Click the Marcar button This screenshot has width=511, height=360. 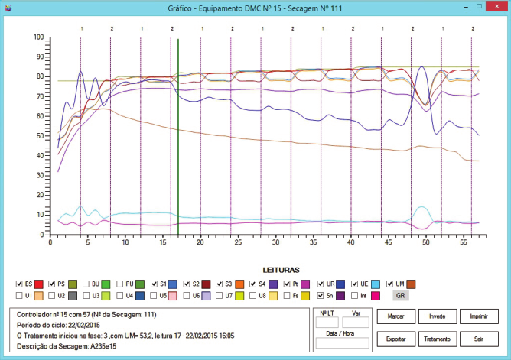click(396, 316)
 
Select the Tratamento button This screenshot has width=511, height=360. click(438, 339)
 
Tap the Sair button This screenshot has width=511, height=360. click(479, 339)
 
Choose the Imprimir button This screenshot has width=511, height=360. click(479, 316)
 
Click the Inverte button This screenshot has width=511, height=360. click(438, 316)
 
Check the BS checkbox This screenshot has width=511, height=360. click(19, 284)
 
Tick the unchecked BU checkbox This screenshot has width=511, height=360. click(86, 284)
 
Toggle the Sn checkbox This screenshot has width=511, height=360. click(321, 296)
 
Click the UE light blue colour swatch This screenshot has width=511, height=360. click(376, 284)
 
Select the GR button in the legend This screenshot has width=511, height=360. click(401, 296)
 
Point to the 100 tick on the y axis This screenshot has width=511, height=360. click(39, 37)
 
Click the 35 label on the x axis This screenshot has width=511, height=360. click(313, 242)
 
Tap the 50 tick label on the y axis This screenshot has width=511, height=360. click(40, 136)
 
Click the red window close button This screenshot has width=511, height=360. click(496, 7)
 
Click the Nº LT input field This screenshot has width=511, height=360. click(327, 323)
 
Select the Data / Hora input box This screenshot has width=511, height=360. click(342, 342)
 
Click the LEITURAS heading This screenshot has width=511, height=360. click(282, 270)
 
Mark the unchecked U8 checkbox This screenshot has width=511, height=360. click(253, 296)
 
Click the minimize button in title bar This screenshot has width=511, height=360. click(466, 7)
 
